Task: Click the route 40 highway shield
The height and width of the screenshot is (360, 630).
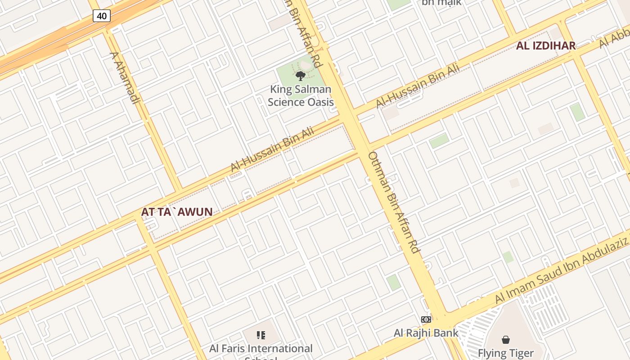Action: pyautogui.click(x=102, y=16)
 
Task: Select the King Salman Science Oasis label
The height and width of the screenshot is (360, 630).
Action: pyautogui.click(x=301, y=96)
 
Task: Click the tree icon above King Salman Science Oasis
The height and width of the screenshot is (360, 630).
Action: pyautogui.click(x=301, y=76)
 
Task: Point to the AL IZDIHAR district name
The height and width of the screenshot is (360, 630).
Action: pyautogui.click(x=546, y=45)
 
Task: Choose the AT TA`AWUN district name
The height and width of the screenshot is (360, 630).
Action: pyautogui.click(x=176, y=211)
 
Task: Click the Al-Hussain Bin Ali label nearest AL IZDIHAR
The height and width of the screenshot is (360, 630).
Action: pyautogui.click(x=418, y=86)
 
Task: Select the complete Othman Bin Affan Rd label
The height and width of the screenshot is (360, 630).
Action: pyautogui.click(x=394, y=202)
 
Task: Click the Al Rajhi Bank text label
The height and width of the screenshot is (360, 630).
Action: pyautogui.click(x=426, y=333)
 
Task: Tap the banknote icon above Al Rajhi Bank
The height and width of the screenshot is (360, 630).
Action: pyautogui.click(x=426, y=319)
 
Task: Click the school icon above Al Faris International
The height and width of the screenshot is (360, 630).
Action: pyautogui.click(x=261, y=335)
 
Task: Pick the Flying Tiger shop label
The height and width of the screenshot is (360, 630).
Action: pyautogui.click(x=505, y=353)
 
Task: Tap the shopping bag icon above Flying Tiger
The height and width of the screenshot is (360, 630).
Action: pyautogui.click(x=506, y=339)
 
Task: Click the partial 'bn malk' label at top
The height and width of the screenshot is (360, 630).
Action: pyautogui.click(x=441, y=3)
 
